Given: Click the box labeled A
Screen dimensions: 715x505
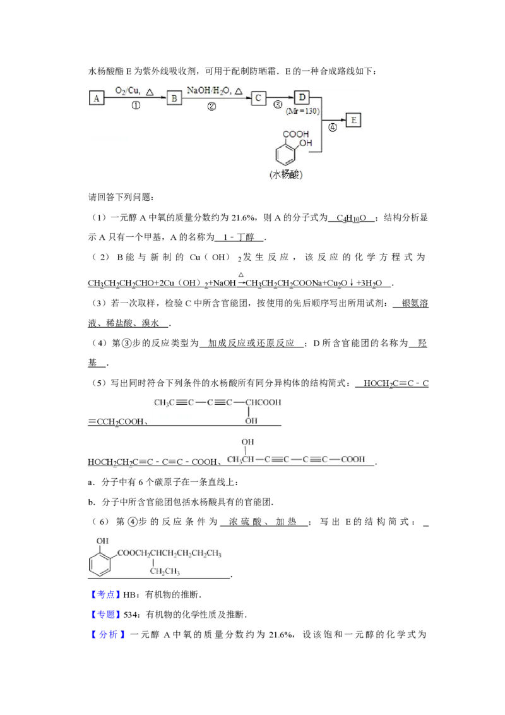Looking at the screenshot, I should pos(96,98).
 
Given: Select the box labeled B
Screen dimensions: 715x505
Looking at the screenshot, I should pos(174,98).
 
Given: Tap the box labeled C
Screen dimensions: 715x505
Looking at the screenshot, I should pos(258,98).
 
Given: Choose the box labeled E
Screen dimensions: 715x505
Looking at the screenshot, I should pos(353,119).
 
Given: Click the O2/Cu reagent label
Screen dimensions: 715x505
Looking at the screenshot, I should pos(128,91).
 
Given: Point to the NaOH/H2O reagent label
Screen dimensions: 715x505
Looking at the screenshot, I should pos(211,91).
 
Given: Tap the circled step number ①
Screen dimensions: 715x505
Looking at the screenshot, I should pos(135,106).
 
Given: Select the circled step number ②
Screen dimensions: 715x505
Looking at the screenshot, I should pos(211,107).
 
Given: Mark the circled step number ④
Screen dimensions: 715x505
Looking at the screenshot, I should pos(332,126).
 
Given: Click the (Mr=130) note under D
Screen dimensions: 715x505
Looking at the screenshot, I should pos(303,111).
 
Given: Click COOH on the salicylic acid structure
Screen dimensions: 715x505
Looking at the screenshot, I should pos(295,135).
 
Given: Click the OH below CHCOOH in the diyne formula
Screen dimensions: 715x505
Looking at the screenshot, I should pos(251,420).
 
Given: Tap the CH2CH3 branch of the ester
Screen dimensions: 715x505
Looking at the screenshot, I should pos(165,572).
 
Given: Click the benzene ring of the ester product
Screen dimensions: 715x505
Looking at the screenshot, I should pos(100,560).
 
